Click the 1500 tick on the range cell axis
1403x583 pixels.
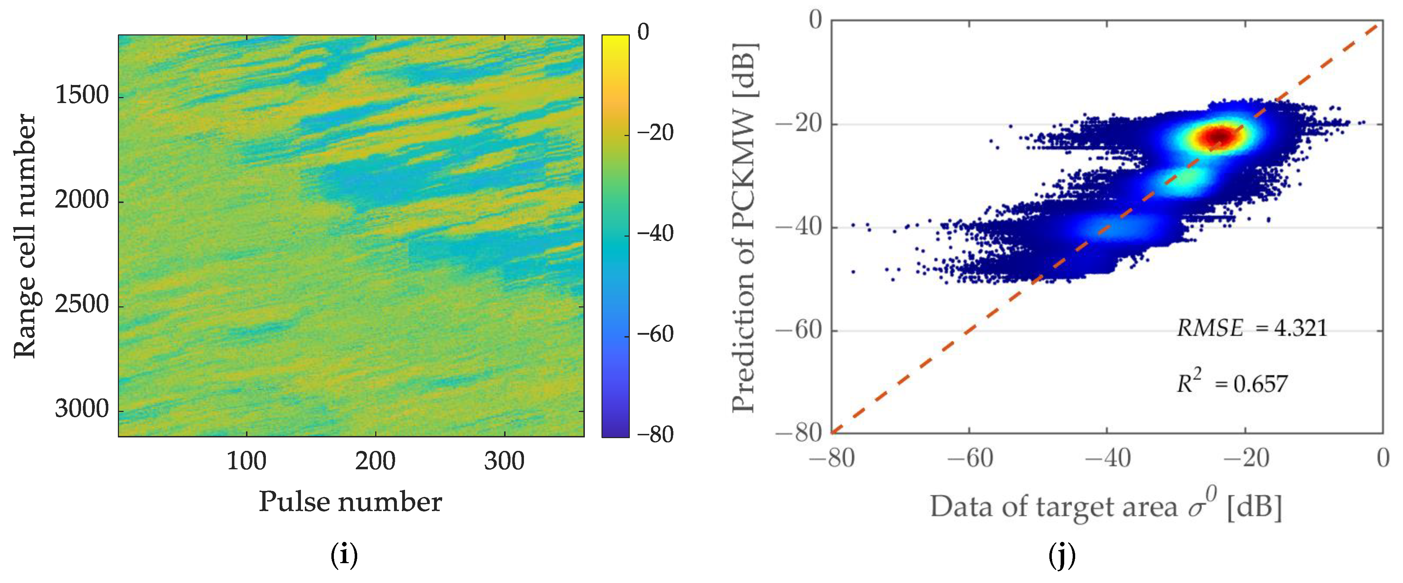pyautogui.click(x=82, y=96)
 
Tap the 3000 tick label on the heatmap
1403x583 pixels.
pyautogui.click(x=82, y=409)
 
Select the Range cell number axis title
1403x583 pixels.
pyautogui.click(x=24, y=236)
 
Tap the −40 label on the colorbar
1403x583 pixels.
pyautogui.click(x=656, y=234)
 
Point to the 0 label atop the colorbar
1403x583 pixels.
pyautogui.click(x=643, y=32)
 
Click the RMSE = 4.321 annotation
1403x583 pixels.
pyautogui.click(x=1251, y=328)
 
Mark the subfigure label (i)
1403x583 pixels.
pyautogui.click(x=344, y=556)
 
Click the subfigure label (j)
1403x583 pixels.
pyautogui.click(x=1061, y=556)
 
